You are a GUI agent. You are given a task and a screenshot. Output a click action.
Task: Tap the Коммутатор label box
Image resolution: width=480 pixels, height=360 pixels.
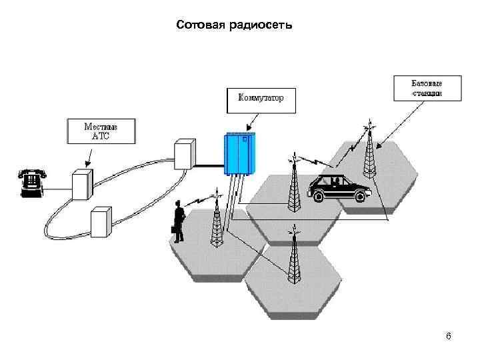[260, 98]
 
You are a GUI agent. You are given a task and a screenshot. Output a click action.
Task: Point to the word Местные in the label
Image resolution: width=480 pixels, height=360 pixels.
[101, 125]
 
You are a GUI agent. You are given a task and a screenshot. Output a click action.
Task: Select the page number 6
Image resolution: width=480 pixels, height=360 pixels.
[449, 337]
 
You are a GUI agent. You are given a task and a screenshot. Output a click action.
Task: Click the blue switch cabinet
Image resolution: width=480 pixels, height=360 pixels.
[239, 154]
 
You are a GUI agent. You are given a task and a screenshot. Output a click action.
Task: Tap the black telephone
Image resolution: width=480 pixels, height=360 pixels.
[32, 182]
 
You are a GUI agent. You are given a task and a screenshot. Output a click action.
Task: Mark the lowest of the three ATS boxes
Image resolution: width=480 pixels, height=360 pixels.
[100, 222]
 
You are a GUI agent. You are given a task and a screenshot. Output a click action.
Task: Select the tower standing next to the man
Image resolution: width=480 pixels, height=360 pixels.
[215, 223]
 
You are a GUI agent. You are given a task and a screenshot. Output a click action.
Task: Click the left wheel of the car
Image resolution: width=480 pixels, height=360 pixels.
[318, 196]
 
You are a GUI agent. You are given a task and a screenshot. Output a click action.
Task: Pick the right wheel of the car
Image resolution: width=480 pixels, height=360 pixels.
[361, 195]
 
